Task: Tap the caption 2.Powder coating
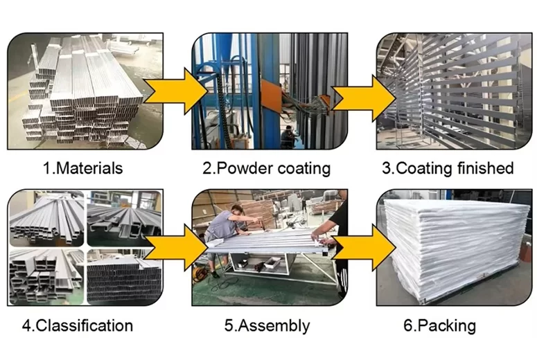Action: [267, 168]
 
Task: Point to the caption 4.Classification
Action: [78, 325]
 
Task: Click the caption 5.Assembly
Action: [267, 325]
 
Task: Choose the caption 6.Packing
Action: [443, 325]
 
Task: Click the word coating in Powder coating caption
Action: [300, 168]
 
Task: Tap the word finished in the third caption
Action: [485, 168]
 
